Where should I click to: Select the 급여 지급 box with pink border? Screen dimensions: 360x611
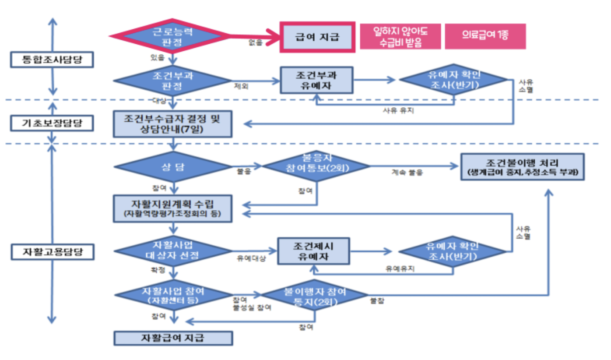317,37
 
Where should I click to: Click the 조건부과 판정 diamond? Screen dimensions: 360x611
172,80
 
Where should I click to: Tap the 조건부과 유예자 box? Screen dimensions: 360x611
316,80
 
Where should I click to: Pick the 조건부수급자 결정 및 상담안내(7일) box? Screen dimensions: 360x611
172,124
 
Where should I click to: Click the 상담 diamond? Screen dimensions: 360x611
172,167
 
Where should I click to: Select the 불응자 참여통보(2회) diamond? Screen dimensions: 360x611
316,166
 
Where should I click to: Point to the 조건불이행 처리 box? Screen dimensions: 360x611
523,166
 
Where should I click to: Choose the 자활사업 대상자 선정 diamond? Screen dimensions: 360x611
172,251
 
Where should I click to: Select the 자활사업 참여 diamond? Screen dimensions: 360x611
172,295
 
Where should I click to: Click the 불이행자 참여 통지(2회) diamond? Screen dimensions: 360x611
315,295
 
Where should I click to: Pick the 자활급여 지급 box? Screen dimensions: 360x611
172,338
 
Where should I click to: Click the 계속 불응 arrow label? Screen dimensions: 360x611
407,173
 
